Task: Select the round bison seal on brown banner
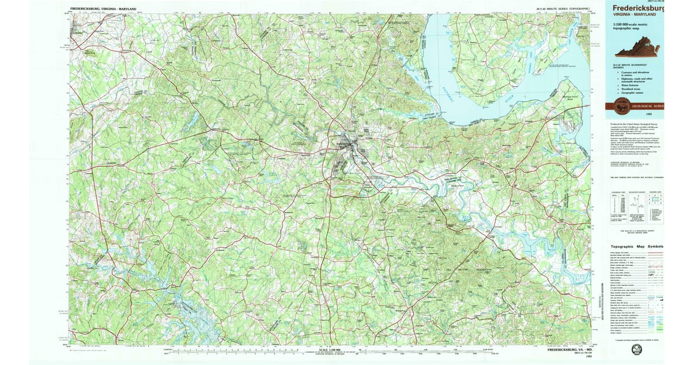pyautogui.click(x=619, y=106)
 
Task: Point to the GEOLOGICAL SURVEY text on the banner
pyautogui.click(x=648, y=107)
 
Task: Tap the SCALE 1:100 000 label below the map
pyautogui.click(x=330, y=349)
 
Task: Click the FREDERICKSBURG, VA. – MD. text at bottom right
pyautogui.click(x=567, y=350)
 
